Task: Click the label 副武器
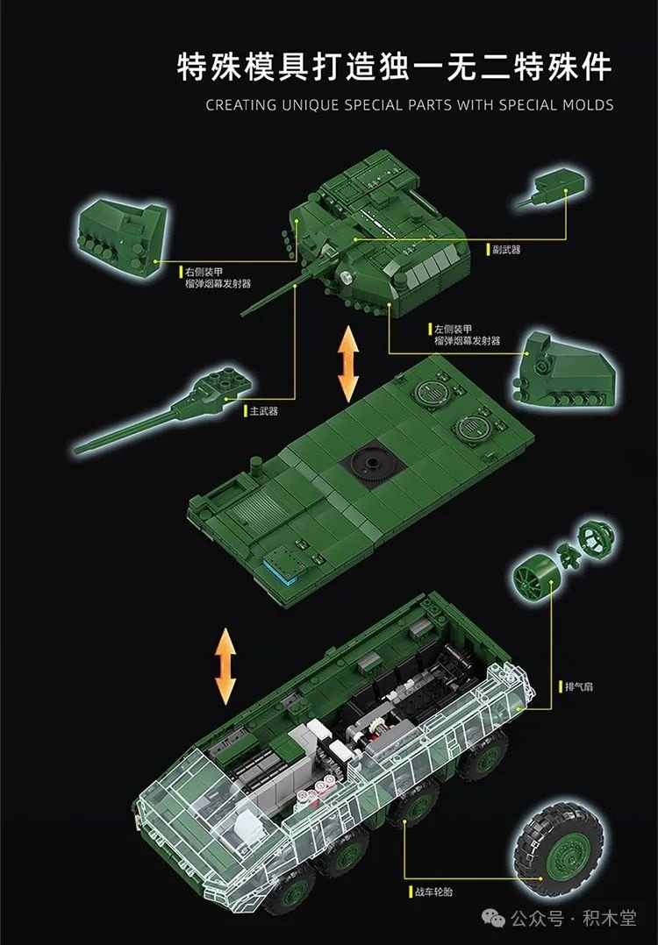coord(505,250)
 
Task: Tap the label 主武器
coord(264,411)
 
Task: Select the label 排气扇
coord(578,686)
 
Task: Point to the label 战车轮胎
coord(433,892)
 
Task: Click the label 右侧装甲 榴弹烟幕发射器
coord(218,278)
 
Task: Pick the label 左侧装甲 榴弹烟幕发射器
coord(467,335)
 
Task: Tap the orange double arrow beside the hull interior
coord(225,666)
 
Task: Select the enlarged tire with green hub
coord(559,849)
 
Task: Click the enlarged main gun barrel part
coord(163,410)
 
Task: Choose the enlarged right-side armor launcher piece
coord(120,236)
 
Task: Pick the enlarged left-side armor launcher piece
coord(564,368)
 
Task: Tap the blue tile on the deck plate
coord(276,570)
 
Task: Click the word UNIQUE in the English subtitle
coord(310,105)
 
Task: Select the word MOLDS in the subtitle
coord(588,105)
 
